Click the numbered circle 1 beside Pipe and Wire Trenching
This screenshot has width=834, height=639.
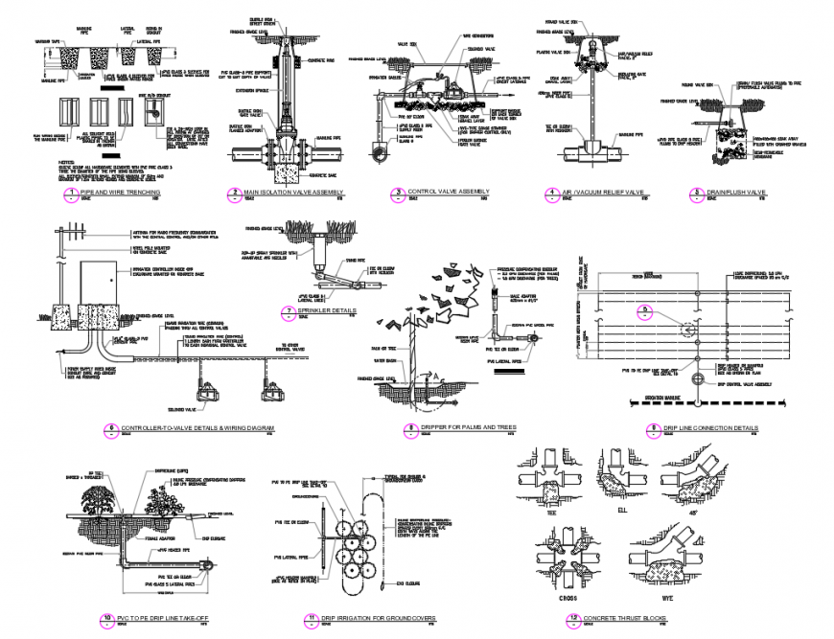(69, 194)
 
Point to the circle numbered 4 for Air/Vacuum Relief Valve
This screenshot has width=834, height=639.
(553, 194)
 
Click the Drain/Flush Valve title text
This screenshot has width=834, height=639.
(739, 194)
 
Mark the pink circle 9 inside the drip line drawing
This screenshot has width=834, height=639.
(646, 309)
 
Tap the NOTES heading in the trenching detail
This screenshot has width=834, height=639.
(67, 162)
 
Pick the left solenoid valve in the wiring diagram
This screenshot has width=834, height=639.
(205, 392)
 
